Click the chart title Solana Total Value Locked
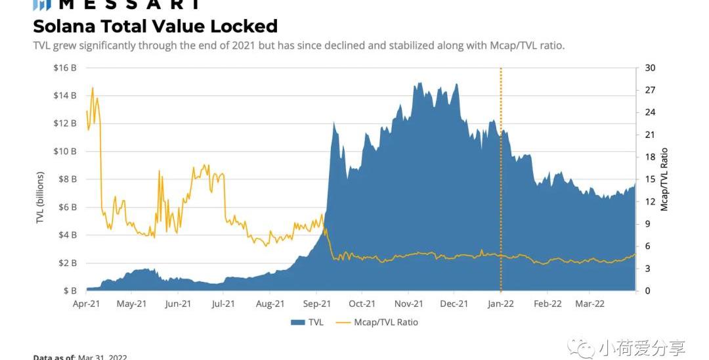[x=155, y=26]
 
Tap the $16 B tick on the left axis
[x=66, y=68]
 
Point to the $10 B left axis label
[x=66, y=151]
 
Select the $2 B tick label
[x=68, y=263]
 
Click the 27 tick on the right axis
[x=650, y=90]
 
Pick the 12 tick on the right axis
[x=650, y=202]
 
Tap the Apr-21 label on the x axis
[x=87, y=304]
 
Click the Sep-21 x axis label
[x=316, y=304]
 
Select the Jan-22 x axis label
[x=501, y=304]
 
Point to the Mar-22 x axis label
[x=590, y=304]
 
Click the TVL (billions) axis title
[x=40, y=198]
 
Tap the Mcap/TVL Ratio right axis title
[x=664, y=179]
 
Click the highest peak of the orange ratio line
[x=93, y=87]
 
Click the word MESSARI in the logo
[x=128, y=5]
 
